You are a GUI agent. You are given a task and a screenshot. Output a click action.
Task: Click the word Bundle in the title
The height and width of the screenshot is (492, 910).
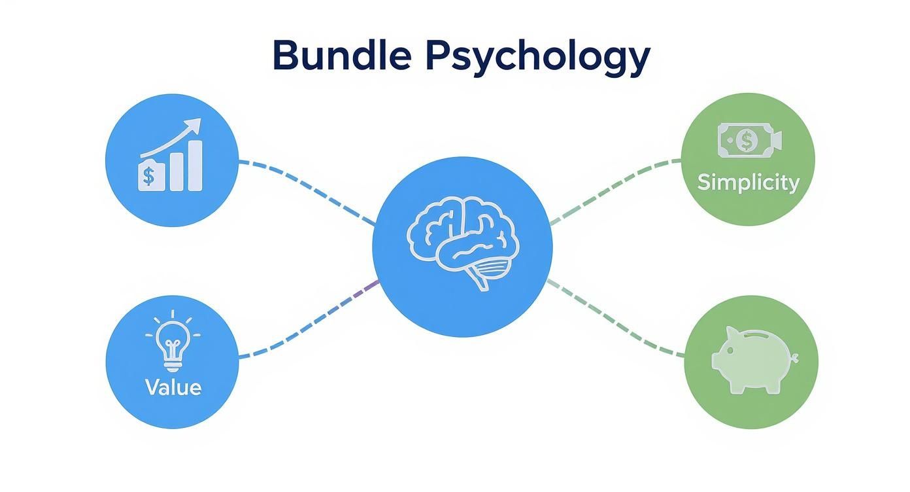pyautogui.click(x=341, y=56)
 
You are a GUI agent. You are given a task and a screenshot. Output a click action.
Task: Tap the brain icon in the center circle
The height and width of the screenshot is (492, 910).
pyautogui.click(x=463, y=242)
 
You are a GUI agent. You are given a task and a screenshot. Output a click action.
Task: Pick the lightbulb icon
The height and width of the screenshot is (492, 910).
pyautogui.click(x=173, y=340)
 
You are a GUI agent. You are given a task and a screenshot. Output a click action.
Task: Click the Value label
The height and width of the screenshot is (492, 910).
pyautogui.click(x=173, y=387)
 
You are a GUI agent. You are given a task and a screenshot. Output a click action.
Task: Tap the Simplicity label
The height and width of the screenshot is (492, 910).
pyautogui.click(x=748, y=183)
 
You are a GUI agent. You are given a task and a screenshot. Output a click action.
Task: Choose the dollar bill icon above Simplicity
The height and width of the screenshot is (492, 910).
pyautogui.click(x=749, y=140)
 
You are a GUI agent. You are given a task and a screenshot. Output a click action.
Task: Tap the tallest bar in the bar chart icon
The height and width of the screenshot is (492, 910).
pyautogui.click(x=194, y=166)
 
